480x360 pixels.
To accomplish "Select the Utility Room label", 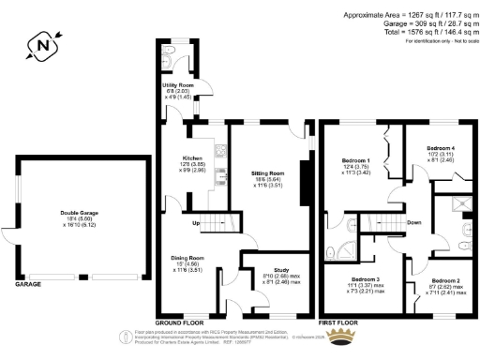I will coord(174,87).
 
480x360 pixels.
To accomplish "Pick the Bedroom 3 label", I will coord(366,279).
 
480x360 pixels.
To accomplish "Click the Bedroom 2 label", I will coord(445,280).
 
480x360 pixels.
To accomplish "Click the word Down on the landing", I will coord(414,223).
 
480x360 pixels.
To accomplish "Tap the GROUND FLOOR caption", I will coord(179,320).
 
